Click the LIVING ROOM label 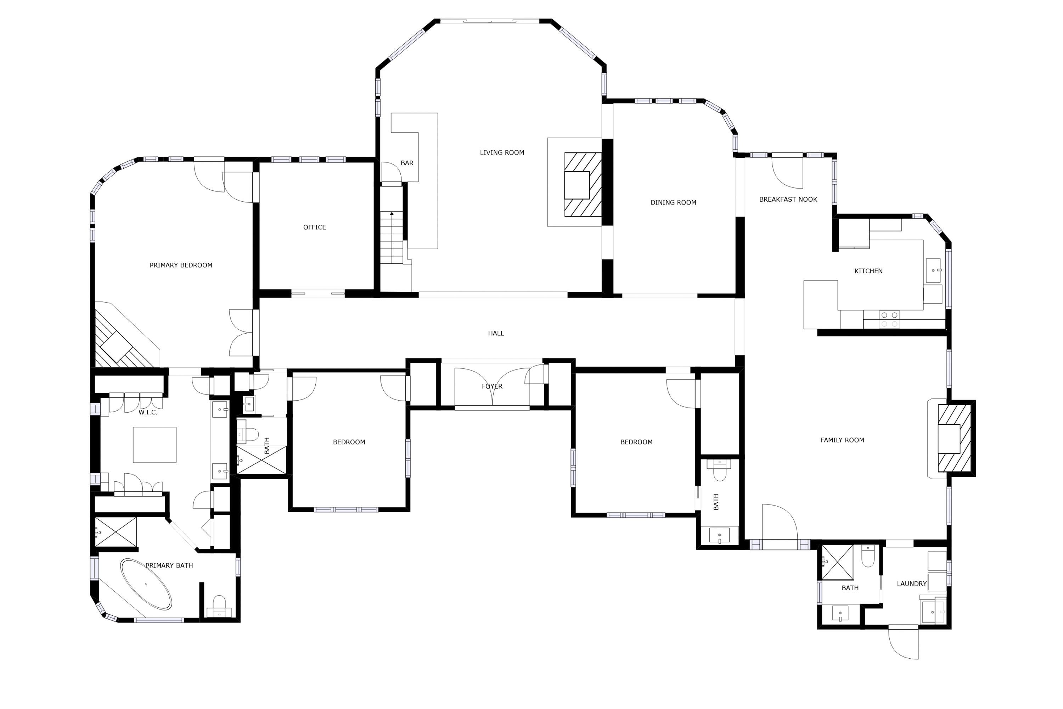tap(502, 153)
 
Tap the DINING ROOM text tap(673, 202)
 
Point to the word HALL tap(496, 333)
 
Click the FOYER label tap(492, 386)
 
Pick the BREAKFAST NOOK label tap(788, 199)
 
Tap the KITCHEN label tap(868, 271)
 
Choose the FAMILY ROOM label tap(842, 440)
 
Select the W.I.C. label tap(148, 412)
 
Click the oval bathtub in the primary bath tap(146, 584)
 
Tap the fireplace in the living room tap(583, 184)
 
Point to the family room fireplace tap(955, 439)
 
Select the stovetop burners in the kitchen tap(889, 319)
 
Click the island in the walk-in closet tap(154, 445)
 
